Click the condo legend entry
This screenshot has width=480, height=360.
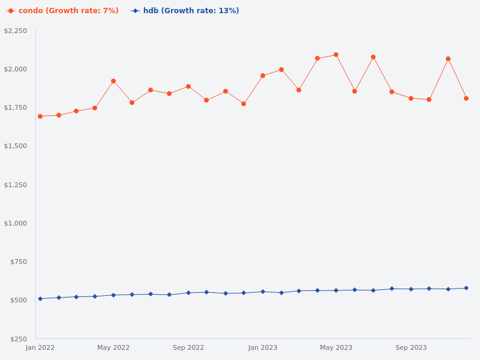[63, 11]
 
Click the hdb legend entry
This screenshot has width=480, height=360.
[185, 11]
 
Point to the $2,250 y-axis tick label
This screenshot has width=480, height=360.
[16, 31]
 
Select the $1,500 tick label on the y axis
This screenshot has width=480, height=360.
[16, 146]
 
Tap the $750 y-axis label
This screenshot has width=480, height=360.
[19, 262]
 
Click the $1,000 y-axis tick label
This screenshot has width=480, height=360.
[16, 223]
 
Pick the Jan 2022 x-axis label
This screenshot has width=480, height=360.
[40, 347]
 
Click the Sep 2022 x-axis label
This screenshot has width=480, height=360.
[188, 347]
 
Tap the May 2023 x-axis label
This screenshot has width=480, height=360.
[336, 347]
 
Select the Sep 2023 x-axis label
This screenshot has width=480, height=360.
[411, 347]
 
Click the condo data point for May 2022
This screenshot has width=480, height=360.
[113, 81]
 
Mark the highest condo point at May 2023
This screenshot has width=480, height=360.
[336, 55]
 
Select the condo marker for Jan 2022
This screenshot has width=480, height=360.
[40, 116]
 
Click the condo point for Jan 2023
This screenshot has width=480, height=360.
[263, 76]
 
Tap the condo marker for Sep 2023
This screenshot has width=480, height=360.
[411, 98]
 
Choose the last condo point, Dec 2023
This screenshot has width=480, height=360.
[466, 98]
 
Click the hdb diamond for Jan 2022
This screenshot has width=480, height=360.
[40, 299]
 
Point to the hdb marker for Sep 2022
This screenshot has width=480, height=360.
[188, 293]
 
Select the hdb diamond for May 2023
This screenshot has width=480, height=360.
[336, 290]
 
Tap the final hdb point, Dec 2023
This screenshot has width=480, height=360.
[466, 288]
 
